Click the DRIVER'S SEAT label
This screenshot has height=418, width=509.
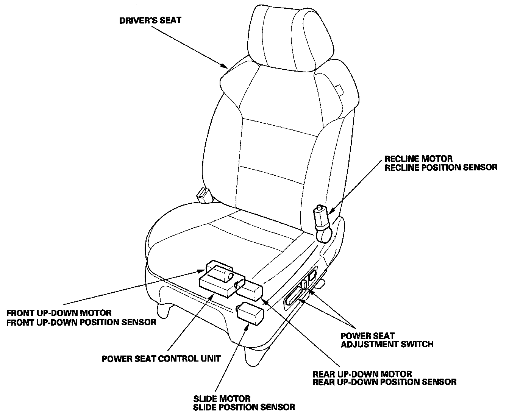coord(150,20)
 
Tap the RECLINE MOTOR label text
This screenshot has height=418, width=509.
coord(418,159)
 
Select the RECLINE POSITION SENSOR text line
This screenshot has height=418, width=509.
coord(441,167)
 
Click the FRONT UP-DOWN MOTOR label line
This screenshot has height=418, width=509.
coord(59,313)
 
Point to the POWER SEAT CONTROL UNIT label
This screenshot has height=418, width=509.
coord(161,359)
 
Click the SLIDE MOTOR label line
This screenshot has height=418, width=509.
coord(222,399)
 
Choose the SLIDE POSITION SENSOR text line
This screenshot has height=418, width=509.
coord(244,407)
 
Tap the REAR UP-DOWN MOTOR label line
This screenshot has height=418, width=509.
coord(362,374)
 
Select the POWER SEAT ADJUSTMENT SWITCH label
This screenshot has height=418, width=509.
coord(387,340)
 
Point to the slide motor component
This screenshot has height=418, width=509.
coord(250,314)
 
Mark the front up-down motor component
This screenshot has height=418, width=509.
coord(219,271)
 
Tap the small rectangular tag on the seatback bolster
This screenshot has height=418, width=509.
coord(340,90)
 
